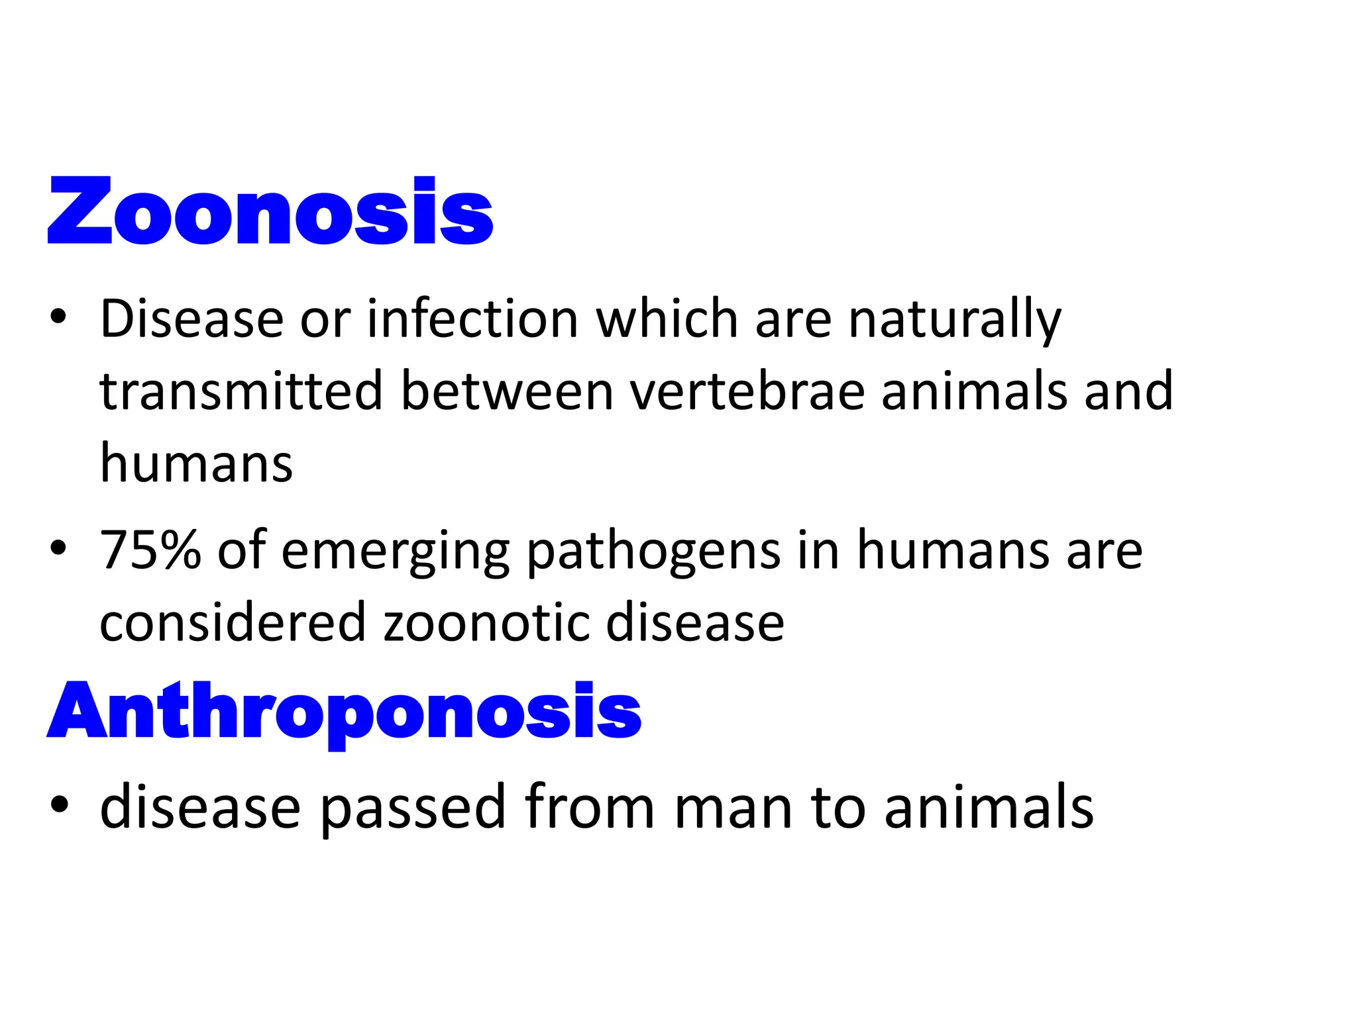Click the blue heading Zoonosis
[x=270, y=211]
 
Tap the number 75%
[x=150, y=550]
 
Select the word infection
[x=473, y=319]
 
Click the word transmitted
[x=241, y=391]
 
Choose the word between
[x=508, y=391]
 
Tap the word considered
[x=233, y=622]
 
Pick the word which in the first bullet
[x=667, y=319]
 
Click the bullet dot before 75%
[x=58, y=548]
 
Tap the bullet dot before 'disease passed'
[x=58, y=804]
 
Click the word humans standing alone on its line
[x=196, y=463]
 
